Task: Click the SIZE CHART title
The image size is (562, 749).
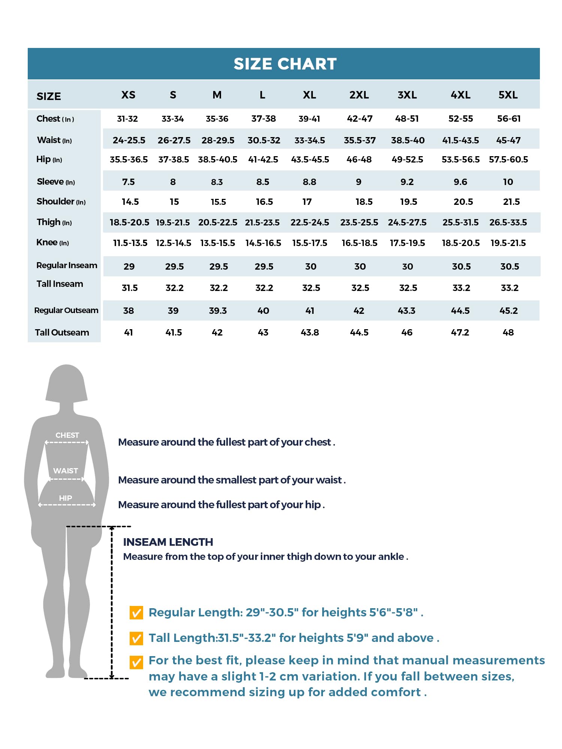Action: point(285,64)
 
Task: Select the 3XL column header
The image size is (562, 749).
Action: point(407,95)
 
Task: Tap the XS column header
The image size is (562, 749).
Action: point(128,95)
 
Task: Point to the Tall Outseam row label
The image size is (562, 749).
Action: point(62,333)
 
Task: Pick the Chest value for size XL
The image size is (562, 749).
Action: point(309,119)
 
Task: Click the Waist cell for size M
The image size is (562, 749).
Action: point(218,140)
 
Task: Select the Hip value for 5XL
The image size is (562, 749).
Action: point(508,160)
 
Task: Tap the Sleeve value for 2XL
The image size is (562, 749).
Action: point(359,182)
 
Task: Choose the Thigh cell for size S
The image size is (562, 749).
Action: point(173,222)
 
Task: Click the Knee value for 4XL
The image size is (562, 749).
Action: point(460,243)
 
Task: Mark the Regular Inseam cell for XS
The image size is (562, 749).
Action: point(129,267)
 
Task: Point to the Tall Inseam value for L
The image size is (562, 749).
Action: point(264,288)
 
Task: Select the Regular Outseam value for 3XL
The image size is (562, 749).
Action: point(407,311)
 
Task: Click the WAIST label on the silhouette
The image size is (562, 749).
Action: point(66,471)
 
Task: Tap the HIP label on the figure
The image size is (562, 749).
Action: point(65,498)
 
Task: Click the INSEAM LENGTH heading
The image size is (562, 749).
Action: point(168,542)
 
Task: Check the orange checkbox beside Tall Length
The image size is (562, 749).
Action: point(136,638)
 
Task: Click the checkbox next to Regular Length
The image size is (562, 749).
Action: point(136,613)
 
